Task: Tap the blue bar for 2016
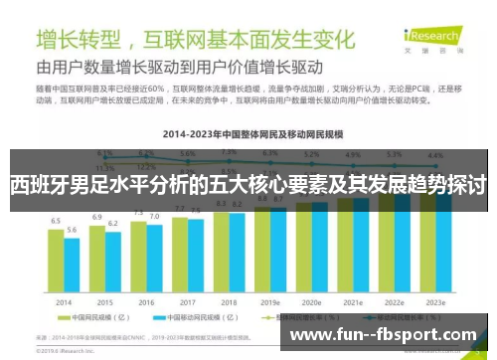(154, 258)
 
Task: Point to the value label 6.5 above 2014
(57, 219)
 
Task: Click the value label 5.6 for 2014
(72, 230)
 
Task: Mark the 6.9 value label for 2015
(97, 216)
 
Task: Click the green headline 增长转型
(80, 40)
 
